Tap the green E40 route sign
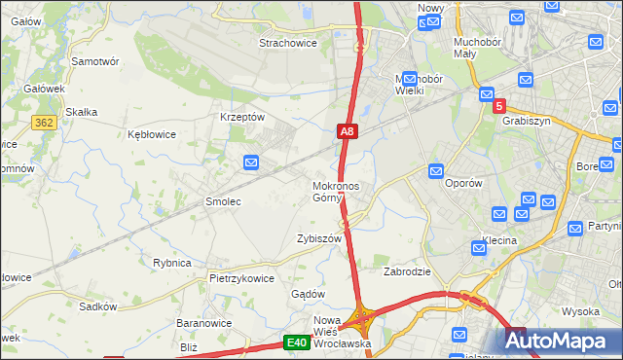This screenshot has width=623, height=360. [298, 342]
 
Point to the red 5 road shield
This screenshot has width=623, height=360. [499, 106]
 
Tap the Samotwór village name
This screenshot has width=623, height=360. [95, 60]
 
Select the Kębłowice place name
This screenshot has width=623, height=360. [152, 134]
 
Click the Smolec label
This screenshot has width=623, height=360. [222, 201]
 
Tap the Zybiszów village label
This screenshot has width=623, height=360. [319, 238]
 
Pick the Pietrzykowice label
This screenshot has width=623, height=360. [241, 277]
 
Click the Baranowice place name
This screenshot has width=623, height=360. [202, 322]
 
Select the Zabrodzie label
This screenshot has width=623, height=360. [407, 271]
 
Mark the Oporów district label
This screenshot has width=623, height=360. [463, 183]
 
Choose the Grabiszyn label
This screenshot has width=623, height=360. [527, 122]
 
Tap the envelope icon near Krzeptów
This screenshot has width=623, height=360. [251, 162]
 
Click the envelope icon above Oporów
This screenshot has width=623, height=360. [435, 169]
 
